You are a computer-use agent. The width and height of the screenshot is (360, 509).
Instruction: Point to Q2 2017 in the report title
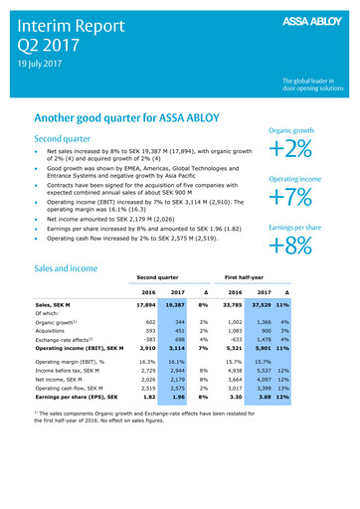[x=47, y=44]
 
